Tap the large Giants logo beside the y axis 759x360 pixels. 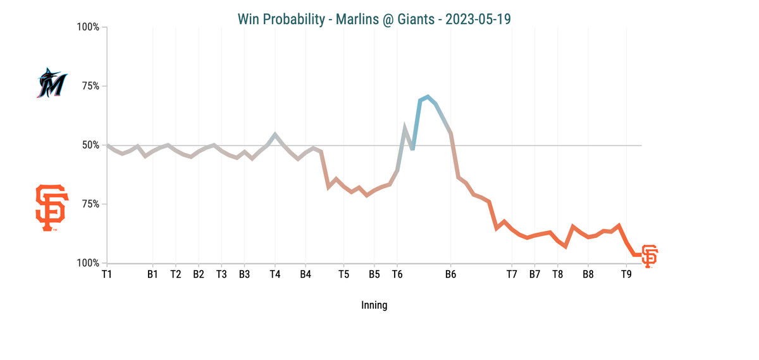(51, 208)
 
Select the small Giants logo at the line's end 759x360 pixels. (650, 256)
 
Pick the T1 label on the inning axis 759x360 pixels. (107, 275)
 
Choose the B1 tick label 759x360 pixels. (152, 275)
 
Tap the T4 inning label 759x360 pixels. (275, 275)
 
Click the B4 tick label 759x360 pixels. (305, 275)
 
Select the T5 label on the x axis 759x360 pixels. (343, 275)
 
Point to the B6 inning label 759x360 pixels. (450, 275)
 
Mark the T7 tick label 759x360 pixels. (512, 275)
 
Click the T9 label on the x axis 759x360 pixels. (626, 275)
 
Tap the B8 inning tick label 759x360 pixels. (588, 275)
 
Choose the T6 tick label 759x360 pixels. (397, 275)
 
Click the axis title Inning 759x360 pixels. (374, 305)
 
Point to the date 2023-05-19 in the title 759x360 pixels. (478, 19)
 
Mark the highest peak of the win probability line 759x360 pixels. (428, 96)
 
